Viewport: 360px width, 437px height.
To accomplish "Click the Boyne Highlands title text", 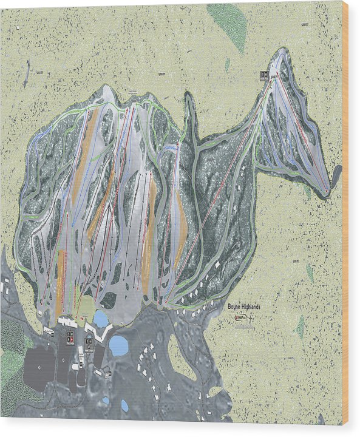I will [244, 308].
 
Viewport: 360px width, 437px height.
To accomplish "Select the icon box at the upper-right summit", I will [263, 76].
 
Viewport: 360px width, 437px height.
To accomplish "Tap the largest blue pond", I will [118, 346].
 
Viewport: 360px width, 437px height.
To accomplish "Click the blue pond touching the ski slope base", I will [100, 319].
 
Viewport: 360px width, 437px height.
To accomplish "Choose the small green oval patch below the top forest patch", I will [228, 63].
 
